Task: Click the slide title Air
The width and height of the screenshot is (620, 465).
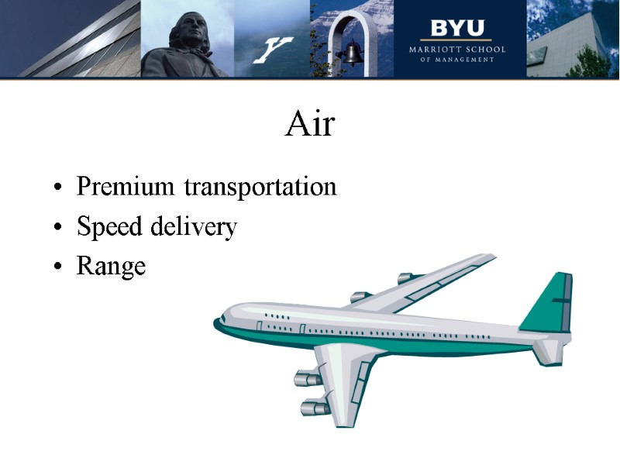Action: click(x=310, y=124)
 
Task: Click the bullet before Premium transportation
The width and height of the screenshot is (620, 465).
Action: click(x=59, y=188)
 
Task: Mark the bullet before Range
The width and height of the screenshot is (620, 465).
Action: click(x=59, y=268)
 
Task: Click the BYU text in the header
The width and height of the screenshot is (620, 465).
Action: click(x=457, y=29)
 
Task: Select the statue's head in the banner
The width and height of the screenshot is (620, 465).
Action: click(x=189, y=29)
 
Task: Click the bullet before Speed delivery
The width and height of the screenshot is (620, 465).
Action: click(x=59, y=229)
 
